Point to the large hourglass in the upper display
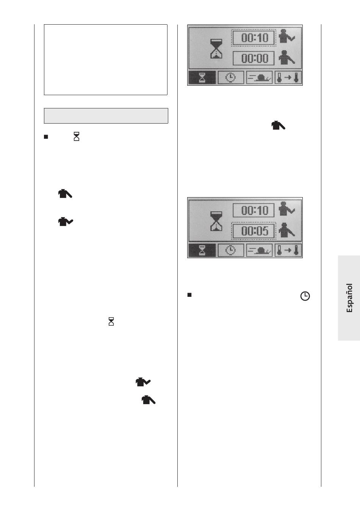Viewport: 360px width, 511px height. [216, 49]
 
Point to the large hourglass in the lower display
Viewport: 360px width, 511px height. [216, 221]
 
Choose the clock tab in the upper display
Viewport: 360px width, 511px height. [231, 78]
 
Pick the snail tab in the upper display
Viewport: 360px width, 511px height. [260, 78]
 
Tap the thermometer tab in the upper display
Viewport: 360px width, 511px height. [288, 78]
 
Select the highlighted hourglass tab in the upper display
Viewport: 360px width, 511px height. [202, 78]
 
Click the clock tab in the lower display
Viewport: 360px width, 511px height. [231, 250]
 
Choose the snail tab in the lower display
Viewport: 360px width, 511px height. [260, 250]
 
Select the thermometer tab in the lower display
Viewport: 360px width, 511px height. [288, 250]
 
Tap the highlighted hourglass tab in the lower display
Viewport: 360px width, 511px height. [202, 250]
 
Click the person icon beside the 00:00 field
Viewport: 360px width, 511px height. [286, 58]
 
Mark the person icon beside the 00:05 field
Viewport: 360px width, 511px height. [286, 230]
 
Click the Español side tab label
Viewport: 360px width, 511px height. [349, 298]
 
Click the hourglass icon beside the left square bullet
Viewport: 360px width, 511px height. [77, 136]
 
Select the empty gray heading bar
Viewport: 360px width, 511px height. [106, 116]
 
